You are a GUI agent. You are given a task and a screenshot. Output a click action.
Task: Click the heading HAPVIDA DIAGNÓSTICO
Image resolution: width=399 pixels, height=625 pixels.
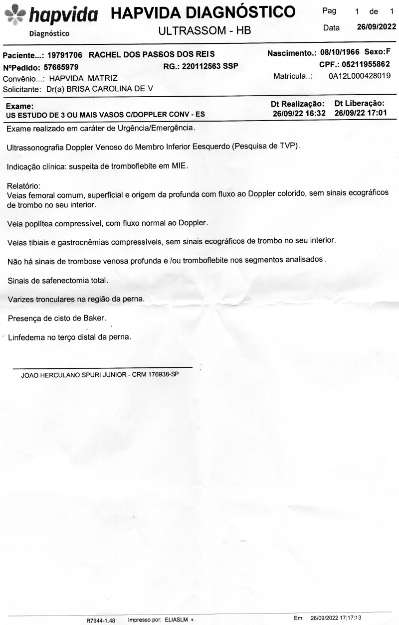click(203, 12)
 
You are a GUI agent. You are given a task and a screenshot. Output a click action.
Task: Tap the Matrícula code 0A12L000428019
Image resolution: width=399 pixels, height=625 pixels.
click(359, 76)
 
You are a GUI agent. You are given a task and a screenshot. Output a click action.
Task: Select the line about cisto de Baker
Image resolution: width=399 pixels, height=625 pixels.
click(57, 317)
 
